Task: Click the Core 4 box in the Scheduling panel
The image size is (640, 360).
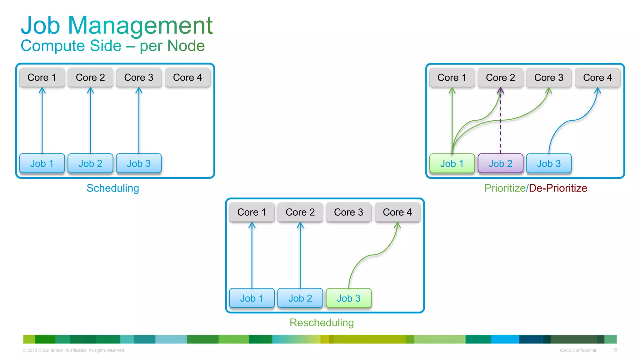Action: pos(187,77)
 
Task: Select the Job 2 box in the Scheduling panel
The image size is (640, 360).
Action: pos(90,163)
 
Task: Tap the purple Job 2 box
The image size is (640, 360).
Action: pos(500,163)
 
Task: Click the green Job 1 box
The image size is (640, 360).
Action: pos(452,163)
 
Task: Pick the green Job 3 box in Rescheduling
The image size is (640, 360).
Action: pos(348,298)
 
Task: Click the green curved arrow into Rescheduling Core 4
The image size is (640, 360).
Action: pos(372,255)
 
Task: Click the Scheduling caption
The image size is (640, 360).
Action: pos(112,188)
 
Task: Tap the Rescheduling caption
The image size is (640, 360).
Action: pos(322,322)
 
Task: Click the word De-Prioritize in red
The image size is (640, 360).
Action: pos(558,188)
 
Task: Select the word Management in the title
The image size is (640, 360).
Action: pos(140,26)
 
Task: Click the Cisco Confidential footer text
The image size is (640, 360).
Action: pos(577,350)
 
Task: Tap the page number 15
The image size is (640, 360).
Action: pos(615,350)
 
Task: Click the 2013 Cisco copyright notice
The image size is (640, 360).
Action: pos(74,350)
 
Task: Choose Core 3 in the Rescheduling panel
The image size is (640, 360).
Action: pos(348,212)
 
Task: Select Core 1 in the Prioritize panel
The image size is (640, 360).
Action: pos(452,77)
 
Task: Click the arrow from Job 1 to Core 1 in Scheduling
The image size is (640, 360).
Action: pos(42,122)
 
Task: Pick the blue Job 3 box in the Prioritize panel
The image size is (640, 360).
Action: pos(549,163)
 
